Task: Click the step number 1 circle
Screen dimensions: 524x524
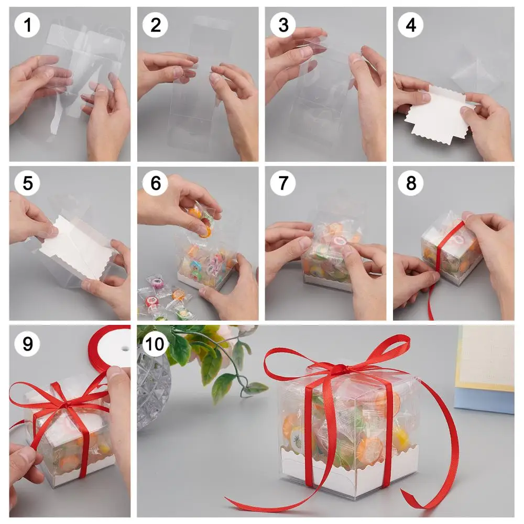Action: click(27, 25)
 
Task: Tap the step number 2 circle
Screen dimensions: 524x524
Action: click(156, 25)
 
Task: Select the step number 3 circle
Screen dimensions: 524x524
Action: click(283, 25)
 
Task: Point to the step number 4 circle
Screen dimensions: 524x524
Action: click(411, 25)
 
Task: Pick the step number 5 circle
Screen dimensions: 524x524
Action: click(27, 183)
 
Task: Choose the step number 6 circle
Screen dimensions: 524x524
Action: click(156, 183)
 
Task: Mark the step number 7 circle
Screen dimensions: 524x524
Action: click(283, 183)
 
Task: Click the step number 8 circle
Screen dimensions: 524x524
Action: click(411, 183)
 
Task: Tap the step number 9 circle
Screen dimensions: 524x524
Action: click(27, 344)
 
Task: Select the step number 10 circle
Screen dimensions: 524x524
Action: click(156, 344)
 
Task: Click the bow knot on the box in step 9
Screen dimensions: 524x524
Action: click(67, 406)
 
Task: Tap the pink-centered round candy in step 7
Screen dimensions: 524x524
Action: click(339, 241)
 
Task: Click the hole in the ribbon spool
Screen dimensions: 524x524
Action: click(125, 349)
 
